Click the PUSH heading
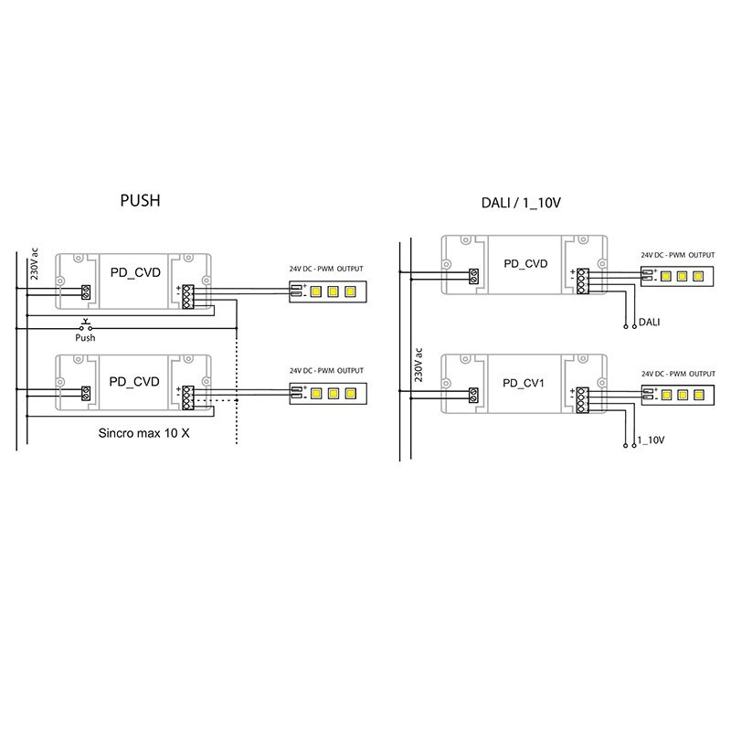click(140, 200)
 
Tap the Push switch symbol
click(85, 325)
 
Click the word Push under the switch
click(85, 337)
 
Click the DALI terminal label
click(651, 323)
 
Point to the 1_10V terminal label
click(652, 440)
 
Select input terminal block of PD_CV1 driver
click(474, 395)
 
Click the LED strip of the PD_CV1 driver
click(681, 395)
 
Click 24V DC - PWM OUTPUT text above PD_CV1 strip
click(677, 375)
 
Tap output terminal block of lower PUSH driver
click(188, 397)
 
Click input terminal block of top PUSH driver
click(86, 292)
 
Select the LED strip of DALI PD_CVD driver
click(681, 275)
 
